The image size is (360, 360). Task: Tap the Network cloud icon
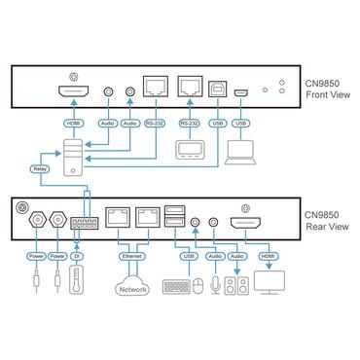(131, 289)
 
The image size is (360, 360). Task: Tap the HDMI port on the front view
(70, 93)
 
